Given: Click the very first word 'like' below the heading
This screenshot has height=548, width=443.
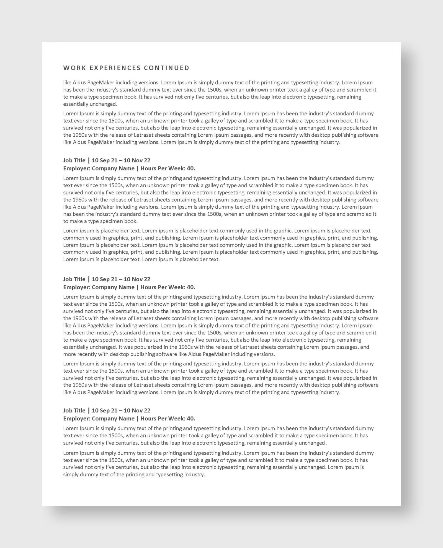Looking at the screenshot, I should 67,82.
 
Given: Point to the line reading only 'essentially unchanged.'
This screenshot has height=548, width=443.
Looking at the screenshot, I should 90,104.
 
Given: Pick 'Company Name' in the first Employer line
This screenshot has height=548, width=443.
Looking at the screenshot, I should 113,168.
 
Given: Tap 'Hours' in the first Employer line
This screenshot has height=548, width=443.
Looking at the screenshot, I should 148,168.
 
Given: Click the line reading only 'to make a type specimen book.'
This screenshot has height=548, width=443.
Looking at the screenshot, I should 100,221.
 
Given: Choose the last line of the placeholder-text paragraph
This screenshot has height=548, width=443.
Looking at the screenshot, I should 141,259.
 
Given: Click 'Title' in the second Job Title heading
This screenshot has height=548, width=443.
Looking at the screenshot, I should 80,279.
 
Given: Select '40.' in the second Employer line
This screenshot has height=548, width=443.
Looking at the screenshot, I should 191,287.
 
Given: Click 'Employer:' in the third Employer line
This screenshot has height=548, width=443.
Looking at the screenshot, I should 77,419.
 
